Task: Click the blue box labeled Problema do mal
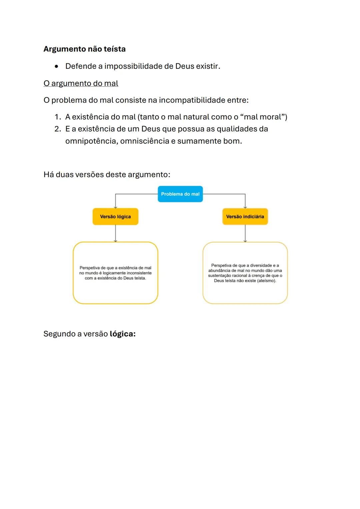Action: pyautogui.click(x=180, y=194)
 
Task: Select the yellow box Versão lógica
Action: pyautogui.click(x=115, y=217)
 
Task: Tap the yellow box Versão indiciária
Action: pyautogui.click(x=245, y=217)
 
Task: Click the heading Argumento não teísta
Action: pyautogui.click(x=84, y=49)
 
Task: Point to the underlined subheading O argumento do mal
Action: pyautogui.click(x=81, y=83)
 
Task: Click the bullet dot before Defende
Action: pyautogui.click(x=57, y=66)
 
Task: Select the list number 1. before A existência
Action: pyautogui.click(x=58, y=117)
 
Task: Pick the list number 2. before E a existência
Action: pyautogui.click(x=58, y=129)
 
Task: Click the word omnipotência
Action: pyautogui.click(x=91, y=141)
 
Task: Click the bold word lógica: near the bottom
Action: pyautogui.click(x=122, y=334)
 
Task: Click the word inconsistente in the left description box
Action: pyautogui.click(x=139, y=273)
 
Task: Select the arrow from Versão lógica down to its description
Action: pyautogui.click(x=115, y=233)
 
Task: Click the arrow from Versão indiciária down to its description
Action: pyautogui.click(x=245, y=233)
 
